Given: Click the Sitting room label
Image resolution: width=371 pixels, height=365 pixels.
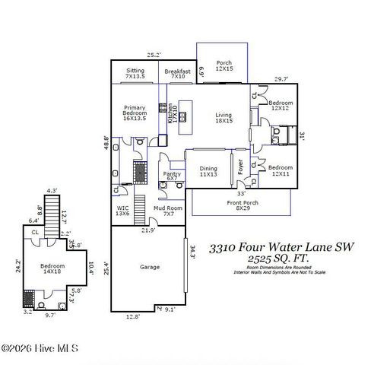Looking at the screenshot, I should pos(135,73).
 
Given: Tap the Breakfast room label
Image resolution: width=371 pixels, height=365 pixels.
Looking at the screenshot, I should pos(178,73).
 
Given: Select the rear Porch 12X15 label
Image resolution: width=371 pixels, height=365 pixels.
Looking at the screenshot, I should pos(224,67).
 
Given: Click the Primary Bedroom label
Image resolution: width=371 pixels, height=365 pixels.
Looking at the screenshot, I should pos(135,113).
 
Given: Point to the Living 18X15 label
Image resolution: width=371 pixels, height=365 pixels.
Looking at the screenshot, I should pos(223,118).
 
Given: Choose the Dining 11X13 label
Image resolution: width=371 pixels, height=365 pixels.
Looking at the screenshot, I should pos(208,171).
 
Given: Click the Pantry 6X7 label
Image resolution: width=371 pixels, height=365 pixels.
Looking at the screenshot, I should pos(172,176).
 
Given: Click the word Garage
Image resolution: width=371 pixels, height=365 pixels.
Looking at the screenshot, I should pos(149,267).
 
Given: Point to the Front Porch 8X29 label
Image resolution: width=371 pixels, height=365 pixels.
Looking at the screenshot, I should pos(240,205).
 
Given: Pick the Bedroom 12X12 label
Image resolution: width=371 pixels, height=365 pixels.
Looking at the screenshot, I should pos(281,105).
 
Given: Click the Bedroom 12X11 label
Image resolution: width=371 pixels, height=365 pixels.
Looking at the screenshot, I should pos(281,170).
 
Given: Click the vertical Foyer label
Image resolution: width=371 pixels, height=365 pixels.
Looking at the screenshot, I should pos(240,167).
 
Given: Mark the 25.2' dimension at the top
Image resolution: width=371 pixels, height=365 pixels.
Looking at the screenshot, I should pos(154,55).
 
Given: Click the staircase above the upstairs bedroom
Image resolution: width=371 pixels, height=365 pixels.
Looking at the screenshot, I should pos(52,213).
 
